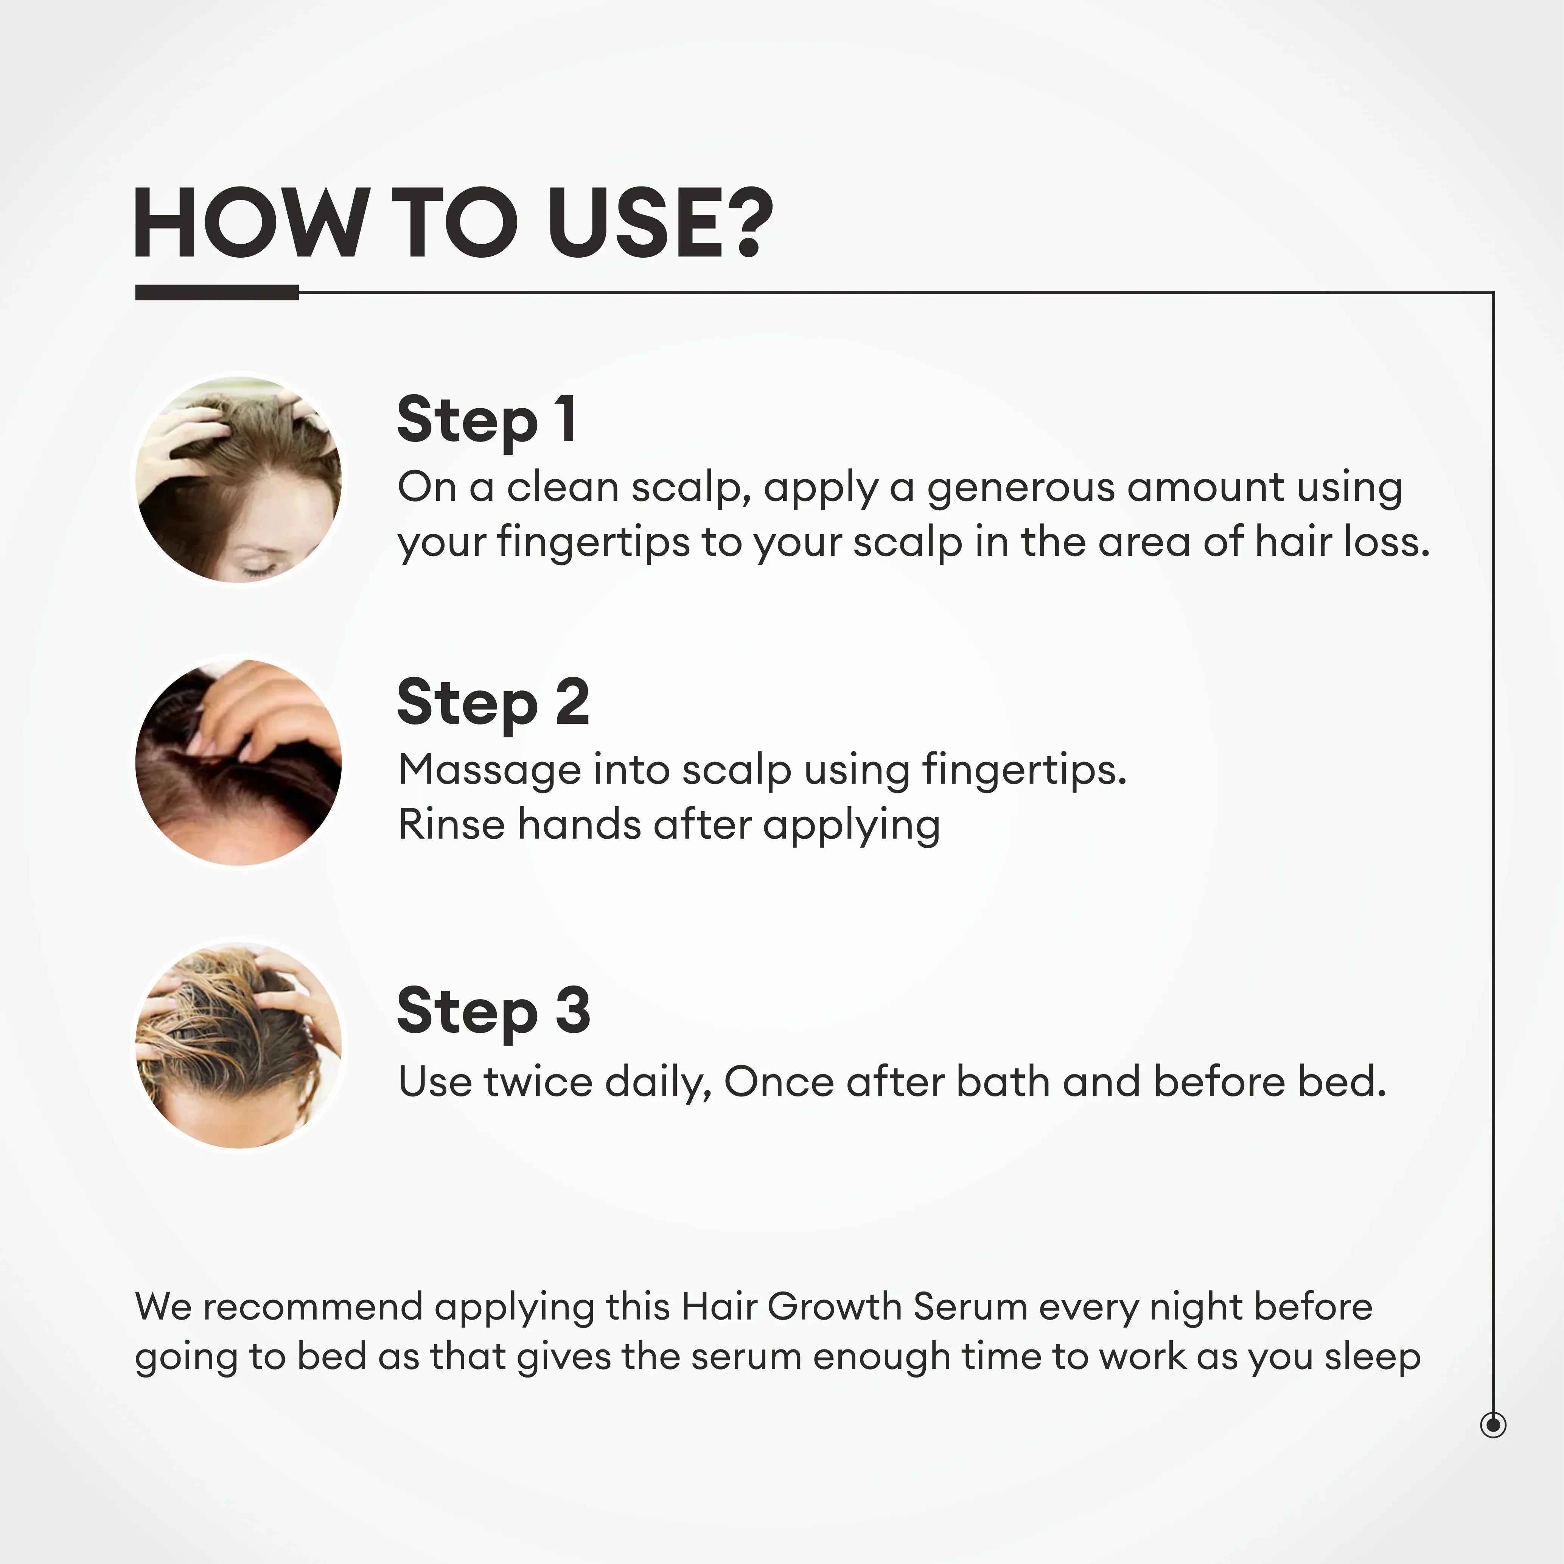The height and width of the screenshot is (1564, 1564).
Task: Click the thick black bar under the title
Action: (x=217, y=292)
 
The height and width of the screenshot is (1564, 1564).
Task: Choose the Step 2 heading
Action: (x=493, y=703)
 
